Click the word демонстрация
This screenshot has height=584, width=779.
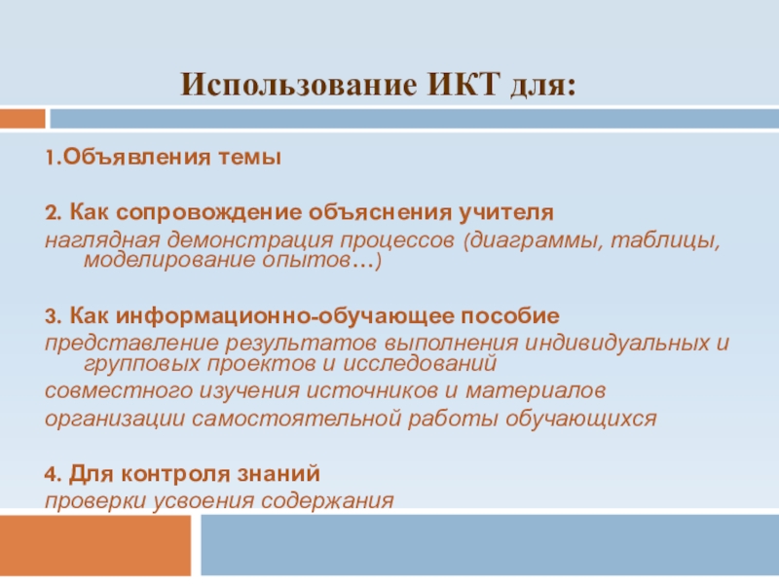point(255,239)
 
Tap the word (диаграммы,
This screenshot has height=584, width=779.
point(531,239)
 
